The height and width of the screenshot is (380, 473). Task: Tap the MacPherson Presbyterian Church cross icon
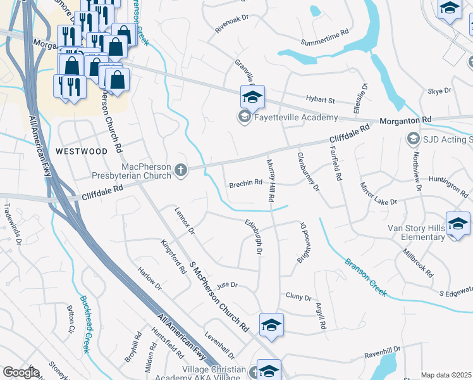181,170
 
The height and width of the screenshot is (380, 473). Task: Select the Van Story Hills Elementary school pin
458,224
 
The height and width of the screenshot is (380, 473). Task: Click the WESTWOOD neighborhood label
82,151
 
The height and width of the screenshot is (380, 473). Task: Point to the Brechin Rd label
245,182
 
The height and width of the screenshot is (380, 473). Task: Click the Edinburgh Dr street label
254,237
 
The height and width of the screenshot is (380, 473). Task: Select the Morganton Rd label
405,120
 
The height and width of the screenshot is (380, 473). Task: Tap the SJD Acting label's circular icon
413,138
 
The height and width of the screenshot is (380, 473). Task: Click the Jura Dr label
226,286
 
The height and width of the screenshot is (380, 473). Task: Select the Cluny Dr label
298,296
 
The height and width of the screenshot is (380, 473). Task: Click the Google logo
20,372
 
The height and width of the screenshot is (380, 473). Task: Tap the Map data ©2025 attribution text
446,375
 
